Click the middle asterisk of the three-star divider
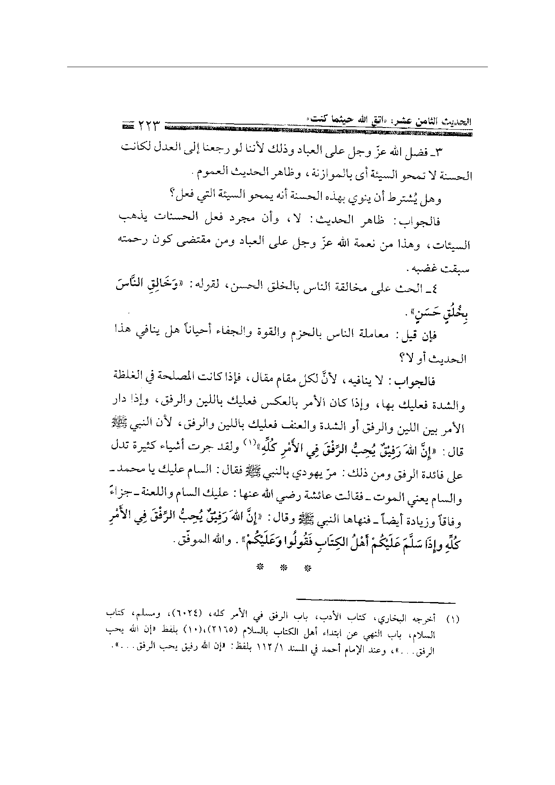[x=284, y=568]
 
